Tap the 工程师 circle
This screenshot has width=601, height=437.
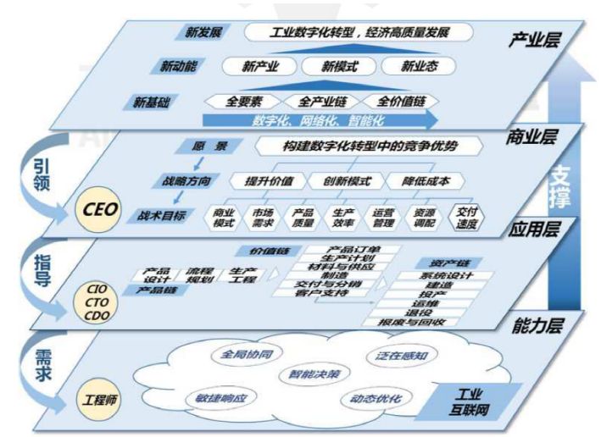[x=97, y=396]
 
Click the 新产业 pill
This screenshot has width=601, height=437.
[x=257, y=66]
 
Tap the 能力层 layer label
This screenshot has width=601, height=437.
[x=536, y=322]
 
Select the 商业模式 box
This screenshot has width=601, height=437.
[x=224, y=218]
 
